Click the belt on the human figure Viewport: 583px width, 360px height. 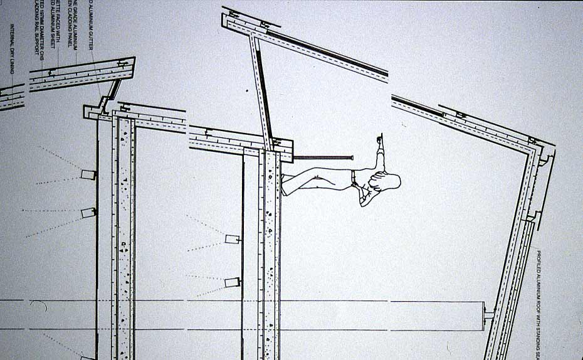pos(354,179)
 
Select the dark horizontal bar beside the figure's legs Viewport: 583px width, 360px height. pos(323,157)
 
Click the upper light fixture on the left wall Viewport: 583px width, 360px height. pos(88,174)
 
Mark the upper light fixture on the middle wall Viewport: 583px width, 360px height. pos(233,239)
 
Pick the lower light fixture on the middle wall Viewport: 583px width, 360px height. pos(233,282)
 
